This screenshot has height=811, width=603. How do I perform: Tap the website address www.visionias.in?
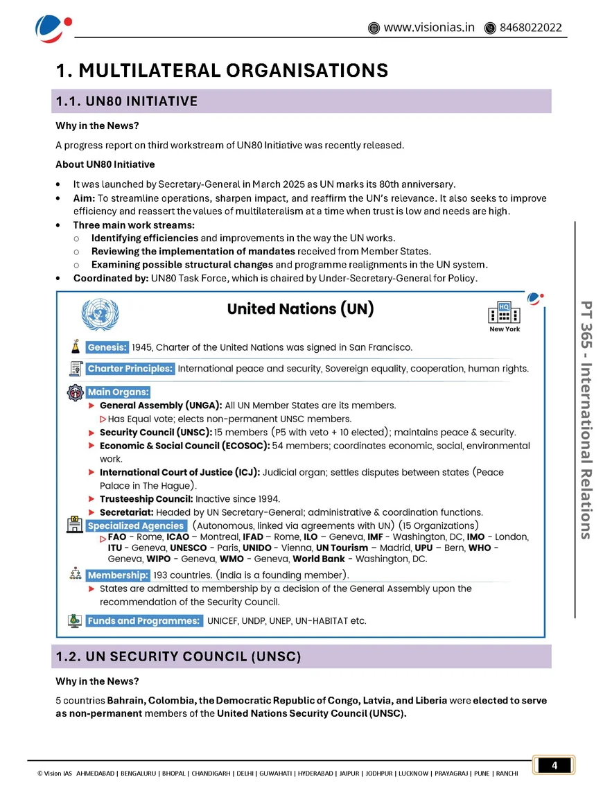click(428, 28)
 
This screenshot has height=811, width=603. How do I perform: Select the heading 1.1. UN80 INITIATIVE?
click(127, 102)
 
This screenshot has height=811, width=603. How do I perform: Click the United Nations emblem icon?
click(101, 314)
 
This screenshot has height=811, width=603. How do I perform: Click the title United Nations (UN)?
click(300, 309)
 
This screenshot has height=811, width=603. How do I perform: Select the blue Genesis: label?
click(107, 347)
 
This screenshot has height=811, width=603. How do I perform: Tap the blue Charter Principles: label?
click(130, 369)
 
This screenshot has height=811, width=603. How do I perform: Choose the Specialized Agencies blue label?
click(136, 525)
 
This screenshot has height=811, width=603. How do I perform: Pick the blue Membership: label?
click(117, 575)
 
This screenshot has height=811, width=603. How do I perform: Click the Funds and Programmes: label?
click(144, 621)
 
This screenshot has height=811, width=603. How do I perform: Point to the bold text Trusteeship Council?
click(146, 499)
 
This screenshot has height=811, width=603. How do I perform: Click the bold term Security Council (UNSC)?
click(156, 433)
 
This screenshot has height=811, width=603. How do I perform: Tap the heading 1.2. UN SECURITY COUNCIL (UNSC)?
click(178, 656)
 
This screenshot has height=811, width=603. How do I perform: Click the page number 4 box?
click(554, 765)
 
